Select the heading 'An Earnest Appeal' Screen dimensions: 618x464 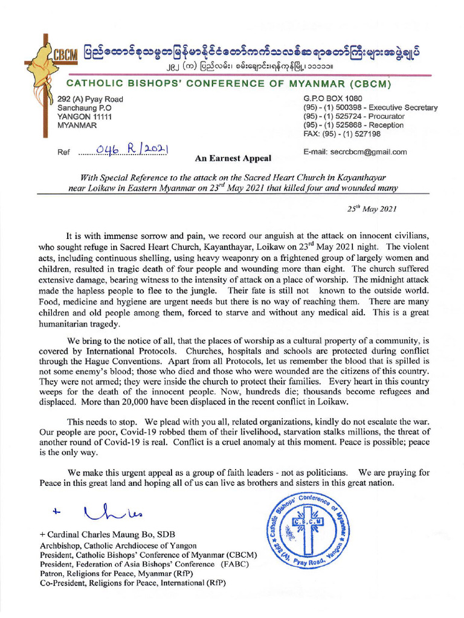coord(233,159)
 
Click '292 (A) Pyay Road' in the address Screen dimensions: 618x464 coord(90,100)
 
